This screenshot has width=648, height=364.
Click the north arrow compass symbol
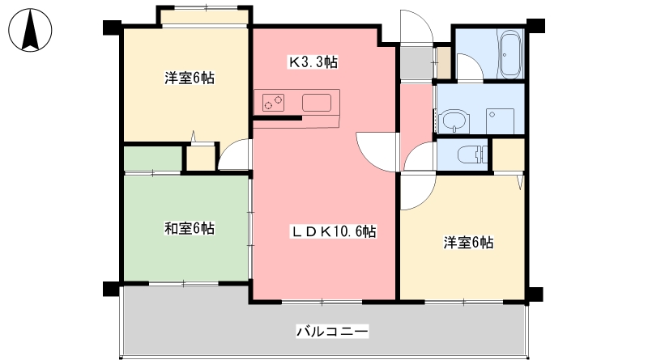click(30, 30)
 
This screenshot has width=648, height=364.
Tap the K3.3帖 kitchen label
click(313, 62)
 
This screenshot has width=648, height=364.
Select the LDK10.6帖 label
click(334, 232)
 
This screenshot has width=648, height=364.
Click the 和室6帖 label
click(190, 228)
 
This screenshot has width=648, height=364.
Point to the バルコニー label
click(332, 332)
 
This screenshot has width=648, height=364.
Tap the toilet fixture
click(473, 154)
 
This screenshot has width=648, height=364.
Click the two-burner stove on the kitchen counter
click(274, 103)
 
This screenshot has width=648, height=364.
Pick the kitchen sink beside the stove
click(317, 103)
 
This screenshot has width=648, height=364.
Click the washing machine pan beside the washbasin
click(500, 121)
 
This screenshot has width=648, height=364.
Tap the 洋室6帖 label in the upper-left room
click(190, 78)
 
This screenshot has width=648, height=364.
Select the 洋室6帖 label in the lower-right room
click(468, 243)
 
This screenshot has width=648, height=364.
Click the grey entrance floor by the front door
click(416, 63)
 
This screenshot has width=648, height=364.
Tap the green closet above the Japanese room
click(153, 159)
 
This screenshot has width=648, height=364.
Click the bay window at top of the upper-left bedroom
click(205, 17)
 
